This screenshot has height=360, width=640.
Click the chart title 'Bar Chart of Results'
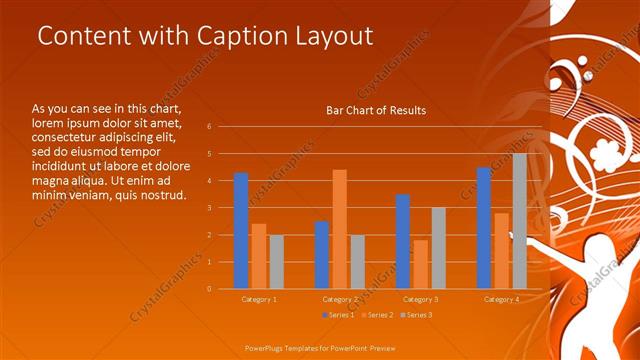pyautogui.click(x=376, y=110)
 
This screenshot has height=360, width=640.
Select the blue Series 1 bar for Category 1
pyautogui.click(x=240, y=230)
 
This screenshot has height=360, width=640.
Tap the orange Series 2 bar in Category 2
pyautogui.click(x=339, y=229)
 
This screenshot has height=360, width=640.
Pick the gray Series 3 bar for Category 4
pyautogui.click(x=519, y=221)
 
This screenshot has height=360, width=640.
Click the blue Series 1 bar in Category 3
pyautogui.click(x=402, y=241)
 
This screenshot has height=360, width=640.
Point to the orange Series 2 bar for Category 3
pyautogui.click(x=420, y=264)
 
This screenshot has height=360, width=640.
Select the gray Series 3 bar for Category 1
pyautogui.click(x=276, y=262)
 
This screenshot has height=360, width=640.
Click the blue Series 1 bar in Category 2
pyautogui.click(x=321, y=254)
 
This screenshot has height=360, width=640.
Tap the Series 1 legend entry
pyautogui.click(x=339, y=315)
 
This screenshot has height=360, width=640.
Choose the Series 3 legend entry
pyautogui.click(x=417, y=315)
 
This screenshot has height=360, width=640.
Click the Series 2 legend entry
pyautogui.click(x=378, y=315)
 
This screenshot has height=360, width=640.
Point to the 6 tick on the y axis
pyautogui.click(x=209, y=127)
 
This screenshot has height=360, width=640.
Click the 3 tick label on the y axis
pyautogui.click(x=209, y=208)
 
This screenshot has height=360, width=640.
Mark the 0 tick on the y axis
pyautogui.click(x=209, y=289)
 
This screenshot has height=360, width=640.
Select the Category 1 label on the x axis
pyautogui.click(x=259, y=299)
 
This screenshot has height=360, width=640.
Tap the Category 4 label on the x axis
pyautogui.click(x=501, y=299)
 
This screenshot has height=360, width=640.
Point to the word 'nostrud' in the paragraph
pyautogui.click(x=162, y=194)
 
